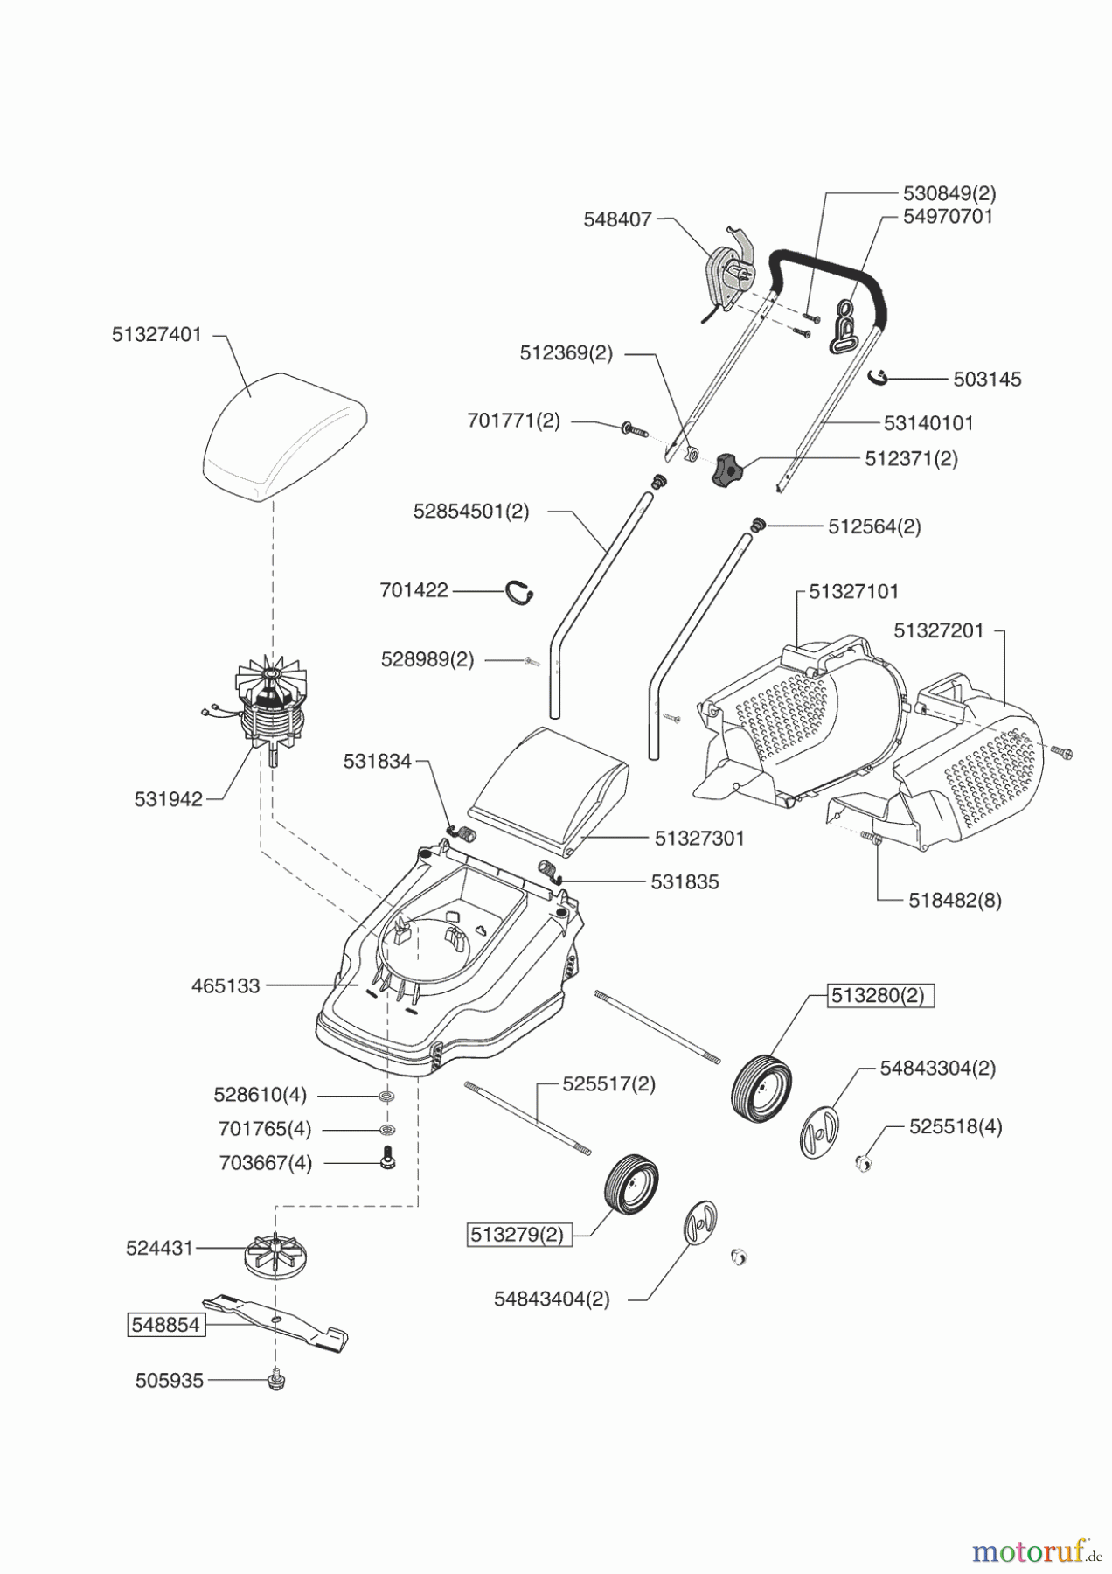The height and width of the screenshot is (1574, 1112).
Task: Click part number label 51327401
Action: tap(156, 334)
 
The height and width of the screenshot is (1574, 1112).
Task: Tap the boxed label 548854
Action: tap(165, 1325)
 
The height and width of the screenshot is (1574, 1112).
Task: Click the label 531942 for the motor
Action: tap(169, 799)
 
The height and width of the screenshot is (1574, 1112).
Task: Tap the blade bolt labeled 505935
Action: tap(276, 1380)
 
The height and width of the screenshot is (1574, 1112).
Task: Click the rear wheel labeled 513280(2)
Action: tap(761, 1088)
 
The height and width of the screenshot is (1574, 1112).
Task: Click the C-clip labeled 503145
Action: tap(879, 377)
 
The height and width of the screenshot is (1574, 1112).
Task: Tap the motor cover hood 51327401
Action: tap(284, 435)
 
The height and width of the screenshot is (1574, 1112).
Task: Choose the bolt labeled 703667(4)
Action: tap(386, 1159)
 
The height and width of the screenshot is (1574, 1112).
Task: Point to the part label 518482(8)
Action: tap(955, 900)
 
